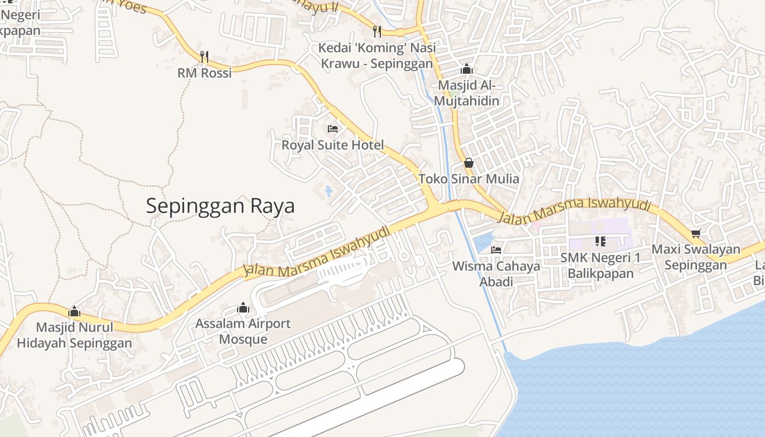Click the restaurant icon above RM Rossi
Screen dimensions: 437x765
click(x=204, y=56)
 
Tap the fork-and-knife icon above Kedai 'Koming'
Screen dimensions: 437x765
click(x=376, y=31)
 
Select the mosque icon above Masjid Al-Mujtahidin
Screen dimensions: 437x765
click(x=467, y=69)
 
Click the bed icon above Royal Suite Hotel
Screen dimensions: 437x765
click(x=333, y=129)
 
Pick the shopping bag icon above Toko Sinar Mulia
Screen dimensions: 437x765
click(x=468, y=163)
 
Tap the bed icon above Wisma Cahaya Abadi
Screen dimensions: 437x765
click(x=496, y=250)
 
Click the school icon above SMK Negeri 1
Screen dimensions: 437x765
click(x=601, y=241)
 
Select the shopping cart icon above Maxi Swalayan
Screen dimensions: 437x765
click(x=696, y=234)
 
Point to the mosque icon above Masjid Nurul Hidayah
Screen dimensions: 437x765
click(x=74, y=312)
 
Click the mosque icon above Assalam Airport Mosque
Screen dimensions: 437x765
click(x=243, y=308)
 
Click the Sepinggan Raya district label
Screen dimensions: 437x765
click(x=220, y=206)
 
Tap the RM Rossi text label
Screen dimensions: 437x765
click(x=204, y=73)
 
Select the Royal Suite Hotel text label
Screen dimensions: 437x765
click(x=333, y=145)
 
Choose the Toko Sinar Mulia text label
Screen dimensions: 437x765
click(x=469, y=179)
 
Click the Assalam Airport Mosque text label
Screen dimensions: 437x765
click(x=243, y=331)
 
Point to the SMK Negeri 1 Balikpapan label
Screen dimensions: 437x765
click(x=601, y=265)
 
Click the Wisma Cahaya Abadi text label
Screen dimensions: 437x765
click(x=496, y=274)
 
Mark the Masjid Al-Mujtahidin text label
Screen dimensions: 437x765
click(x=467, y=93)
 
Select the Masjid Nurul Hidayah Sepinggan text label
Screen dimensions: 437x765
click(x=74, y=335)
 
